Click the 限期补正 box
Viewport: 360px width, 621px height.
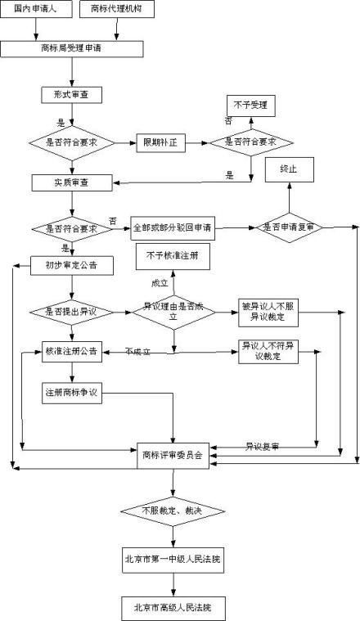(x=160, y=142)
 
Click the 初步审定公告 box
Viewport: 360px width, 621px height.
(x=71, y=265)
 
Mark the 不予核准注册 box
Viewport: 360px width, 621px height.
(x=172, y=257)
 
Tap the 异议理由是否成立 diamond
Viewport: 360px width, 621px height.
(x=173, y=311)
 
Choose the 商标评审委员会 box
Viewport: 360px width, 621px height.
(x=174, y=455)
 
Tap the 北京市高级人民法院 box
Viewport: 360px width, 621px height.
(x=172, y=608)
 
